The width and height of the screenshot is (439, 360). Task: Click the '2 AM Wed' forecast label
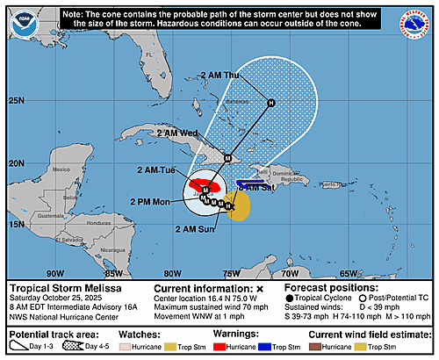(176, 133)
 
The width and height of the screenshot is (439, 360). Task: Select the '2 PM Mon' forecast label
(153, 201)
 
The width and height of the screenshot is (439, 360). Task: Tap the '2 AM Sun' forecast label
(194, 229)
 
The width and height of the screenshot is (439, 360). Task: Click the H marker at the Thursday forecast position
(271, 103)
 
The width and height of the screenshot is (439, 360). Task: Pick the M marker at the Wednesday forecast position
(227, 159)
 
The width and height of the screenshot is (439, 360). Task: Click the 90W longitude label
(55, 273)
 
